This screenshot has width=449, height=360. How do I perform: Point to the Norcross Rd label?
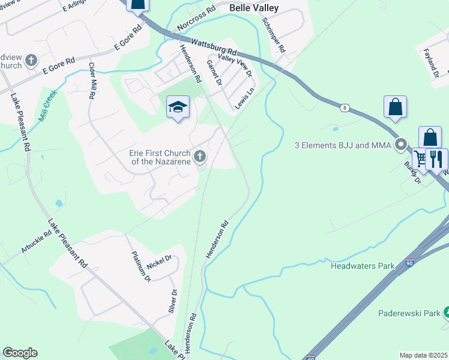click(x=196, y=20)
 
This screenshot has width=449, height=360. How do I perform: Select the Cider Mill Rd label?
click(x=92, y=80)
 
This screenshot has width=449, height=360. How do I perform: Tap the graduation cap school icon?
click(x=178, y=107)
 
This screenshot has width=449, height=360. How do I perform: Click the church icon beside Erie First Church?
click(x=200, y=157)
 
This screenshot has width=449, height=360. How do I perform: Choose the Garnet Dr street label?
click(x=214, y=72)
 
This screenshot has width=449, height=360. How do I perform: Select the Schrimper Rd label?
click(x=274, y=33)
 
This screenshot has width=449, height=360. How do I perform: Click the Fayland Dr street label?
click(x=431, y=63)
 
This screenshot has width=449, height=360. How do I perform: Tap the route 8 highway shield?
click(x=344, y=108)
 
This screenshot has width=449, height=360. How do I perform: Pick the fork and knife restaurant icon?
click(x=438, y=159)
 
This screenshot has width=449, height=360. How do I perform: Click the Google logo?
click(x=20, y=353)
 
